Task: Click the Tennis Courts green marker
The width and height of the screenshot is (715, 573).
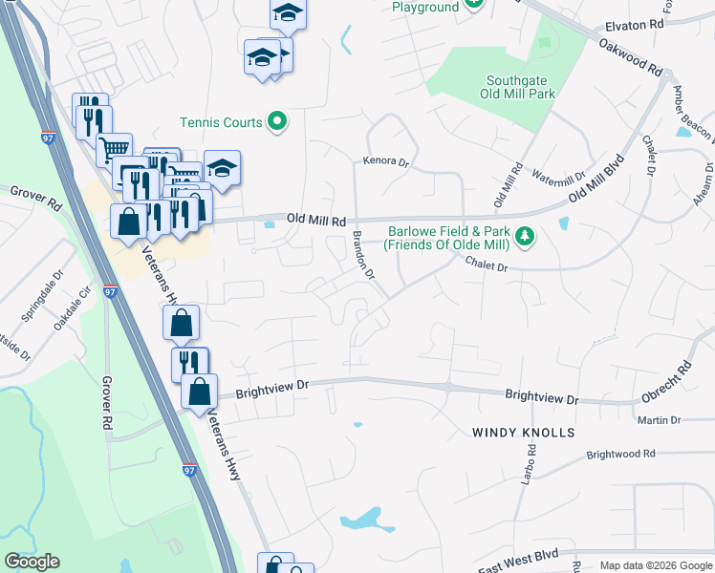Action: click(277, 121)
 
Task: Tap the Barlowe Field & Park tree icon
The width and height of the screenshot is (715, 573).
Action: click(524, 235)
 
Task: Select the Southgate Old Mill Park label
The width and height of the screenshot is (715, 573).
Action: click(521, 87)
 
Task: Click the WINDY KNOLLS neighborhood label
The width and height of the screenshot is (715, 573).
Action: click(524, 433)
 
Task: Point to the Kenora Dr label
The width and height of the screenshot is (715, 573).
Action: click(385, 163)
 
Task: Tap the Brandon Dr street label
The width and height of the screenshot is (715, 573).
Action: click(364, 254)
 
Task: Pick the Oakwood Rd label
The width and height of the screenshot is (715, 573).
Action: click(631, 56)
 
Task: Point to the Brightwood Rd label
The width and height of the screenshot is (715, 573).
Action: click(621, 455)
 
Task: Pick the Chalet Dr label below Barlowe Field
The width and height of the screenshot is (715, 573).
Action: click(487, 265)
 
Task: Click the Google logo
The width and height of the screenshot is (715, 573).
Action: click(32, 562)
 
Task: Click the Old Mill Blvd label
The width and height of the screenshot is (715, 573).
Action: click(596, 177)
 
